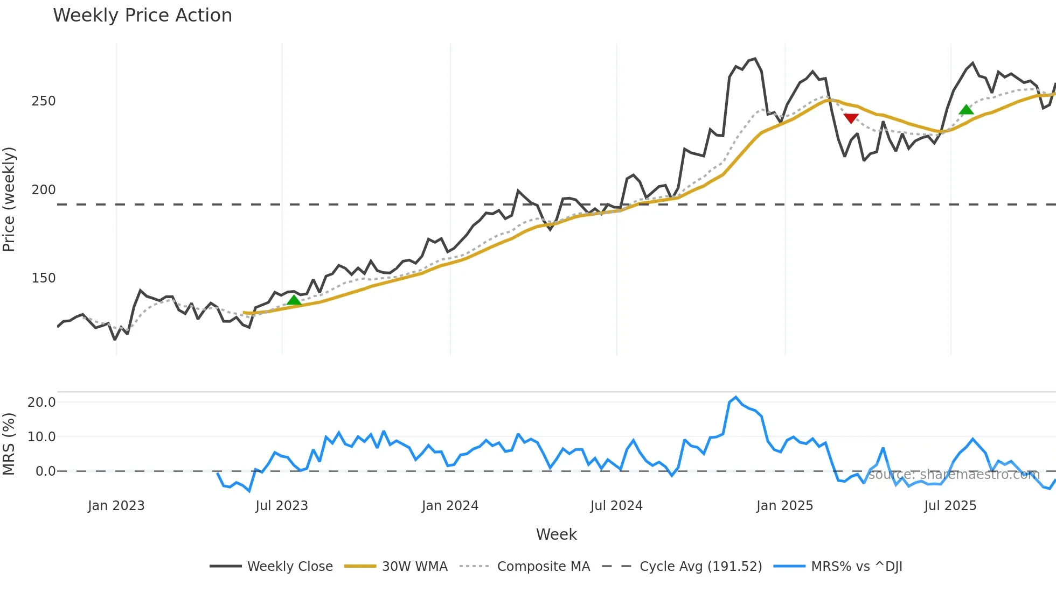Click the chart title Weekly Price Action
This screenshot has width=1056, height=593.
[x=142, y=16]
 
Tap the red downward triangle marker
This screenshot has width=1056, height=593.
[x=851, y=118]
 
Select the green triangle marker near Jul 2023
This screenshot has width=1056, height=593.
[x=294, y=300]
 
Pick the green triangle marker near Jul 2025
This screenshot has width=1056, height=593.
[x=966, y=110]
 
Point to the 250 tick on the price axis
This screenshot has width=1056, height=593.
[x=44, y=101]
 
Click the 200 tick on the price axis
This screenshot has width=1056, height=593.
[x=44, y=190]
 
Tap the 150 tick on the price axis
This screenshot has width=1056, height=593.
[x=44, y=278]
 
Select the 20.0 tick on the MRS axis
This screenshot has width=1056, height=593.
[x=41, y=403]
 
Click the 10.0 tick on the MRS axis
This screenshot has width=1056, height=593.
[x=41, y=437]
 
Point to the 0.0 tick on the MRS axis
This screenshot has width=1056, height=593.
[x=45, y=471]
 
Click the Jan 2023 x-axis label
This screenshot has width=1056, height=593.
[x=116, y=506]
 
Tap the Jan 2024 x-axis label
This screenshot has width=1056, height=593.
[x=450, y=506]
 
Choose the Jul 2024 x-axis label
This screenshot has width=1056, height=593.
[x=616, y=506]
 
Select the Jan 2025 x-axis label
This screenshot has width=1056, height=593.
[x=784, y=506]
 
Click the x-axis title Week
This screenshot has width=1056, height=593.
[x=556, y=534]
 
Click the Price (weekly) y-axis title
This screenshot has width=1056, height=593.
[x=9, y=199]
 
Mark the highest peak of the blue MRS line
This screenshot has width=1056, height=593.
[x=735, y=398]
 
